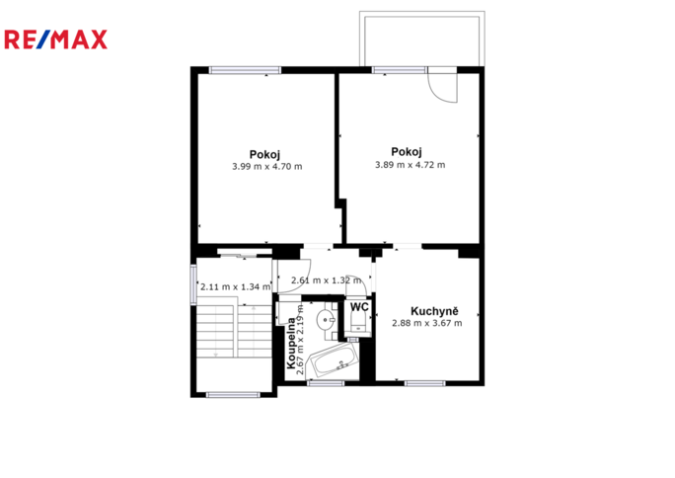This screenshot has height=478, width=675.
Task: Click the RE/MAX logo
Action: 55,40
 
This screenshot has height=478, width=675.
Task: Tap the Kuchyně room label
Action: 434,311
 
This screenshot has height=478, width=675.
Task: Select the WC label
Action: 359,307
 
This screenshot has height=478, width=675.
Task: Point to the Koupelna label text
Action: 291,344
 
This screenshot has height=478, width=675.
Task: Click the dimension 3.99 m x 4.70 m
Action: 266,166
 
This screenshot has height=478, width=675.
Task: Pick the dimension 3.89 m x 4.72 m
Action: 410,165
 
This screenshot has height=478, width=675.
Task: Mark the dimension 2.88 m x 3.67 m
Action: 427,323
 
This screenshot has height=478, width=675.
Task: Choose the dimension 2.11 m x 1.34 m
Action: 236,286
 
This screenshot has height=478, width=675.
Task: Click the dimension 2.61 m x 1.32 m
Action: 327,280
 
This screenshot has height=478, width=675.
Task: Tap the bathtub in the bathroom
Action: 335,361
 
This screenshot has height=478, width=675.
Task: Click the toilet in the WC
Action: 358,321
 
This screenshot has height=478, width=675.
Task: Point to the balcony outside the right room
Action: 422,39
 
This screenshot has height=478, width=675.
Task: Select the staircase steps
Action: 234,331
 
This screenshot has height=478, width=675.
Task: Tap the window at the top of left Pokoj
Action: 245,70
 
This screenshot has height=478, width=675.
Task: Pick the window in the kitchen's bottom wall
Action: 425,383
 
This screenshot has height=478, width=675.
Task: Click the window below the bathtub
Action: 326,383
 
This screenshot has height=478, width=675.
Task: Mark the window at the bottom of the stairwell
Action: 233,394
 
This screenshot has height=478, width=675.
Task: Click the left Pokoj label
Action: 264,154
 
